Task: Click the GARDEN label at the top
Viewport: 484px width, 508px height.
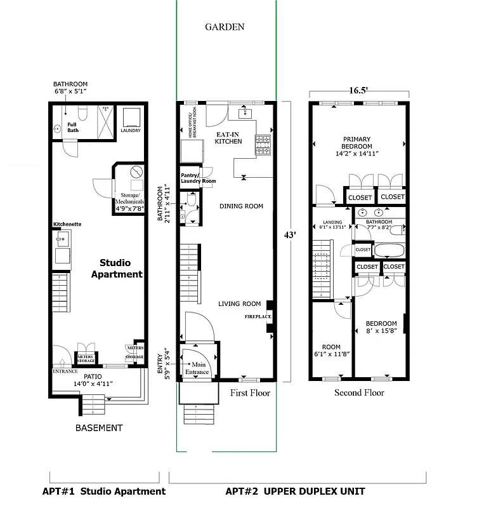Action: [224, 27]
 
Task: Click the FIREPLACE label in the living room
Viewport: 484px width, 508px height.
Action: [258, 316]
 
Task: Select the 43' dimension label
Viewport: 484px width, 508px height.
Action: [289, 234]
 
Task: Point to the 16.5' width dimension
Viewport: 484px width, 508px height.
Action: [358, 90]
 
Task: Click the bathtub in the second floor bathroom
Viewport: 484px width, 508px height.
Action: [389, 250]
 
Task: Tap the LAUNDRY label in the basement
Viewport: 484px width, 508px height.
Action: [130, 131]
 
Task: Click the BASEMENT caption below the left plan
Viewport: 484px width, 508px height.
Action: [98, 427]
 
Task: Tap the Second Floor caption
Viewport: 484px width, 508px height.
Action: [359, 392]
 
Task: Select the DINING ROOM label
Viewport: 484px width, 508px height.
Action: [240, 206]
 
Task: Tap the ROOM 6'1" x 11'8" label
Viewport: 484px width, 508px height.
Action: [331, 351]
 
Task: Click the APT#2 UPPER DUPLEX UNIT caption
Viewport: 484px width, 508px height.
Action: [296, 491]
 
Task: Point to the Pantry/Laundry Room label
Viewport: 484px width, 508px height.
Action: [197, 178]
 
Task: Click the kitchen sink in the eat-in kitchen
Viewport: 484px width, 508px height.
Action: [245, 113]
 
